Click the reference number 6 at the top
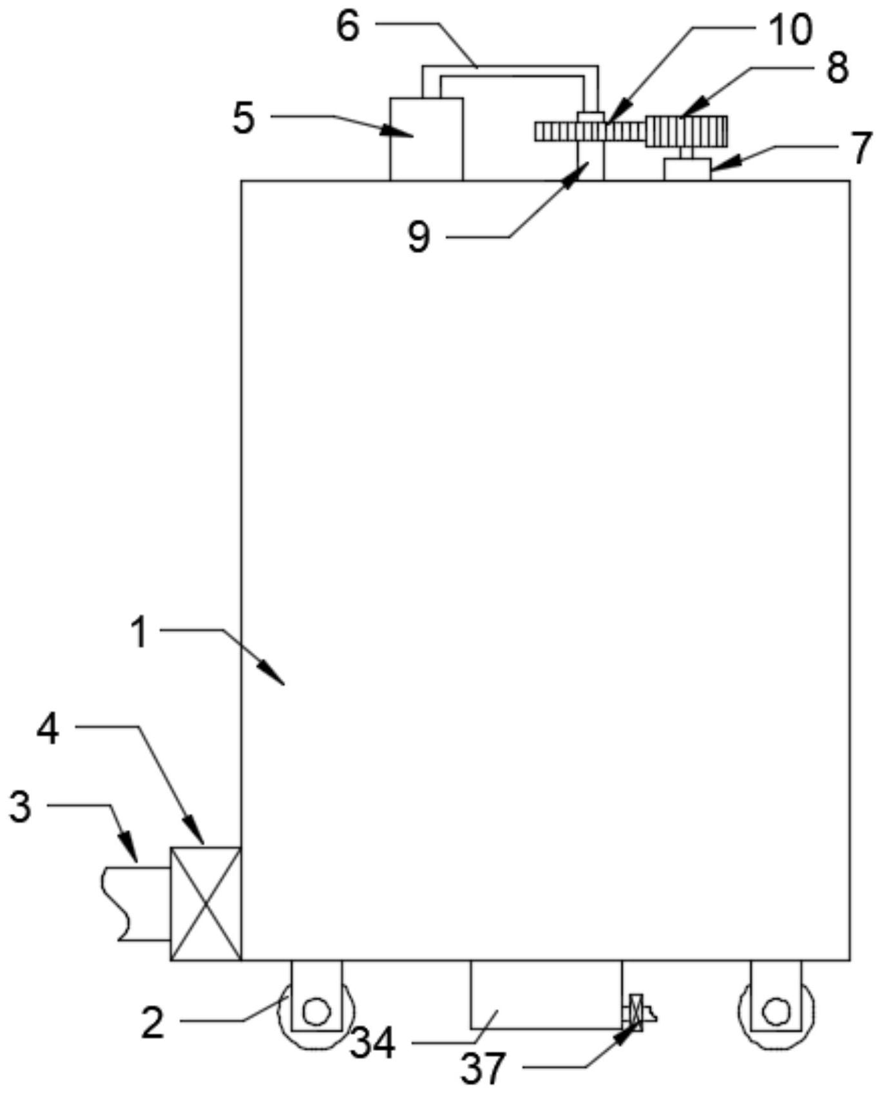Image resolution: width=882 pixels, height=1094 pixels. tap(348, 28)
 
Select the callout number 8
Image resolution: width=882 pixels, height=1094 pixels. tap(837, 68)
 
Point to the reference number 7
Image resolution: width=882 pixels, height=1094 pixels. tap(861, 148)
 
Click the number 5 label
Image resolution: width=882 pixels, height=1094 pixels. tap(244, 118)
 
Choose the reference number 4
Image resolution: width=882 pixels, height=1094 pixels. tap(48, 731)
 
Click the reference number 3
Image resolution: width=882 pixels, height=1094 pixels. tap(20, 806)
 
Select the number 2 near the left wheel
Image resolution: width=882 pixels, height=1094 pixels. tap(153, 1022)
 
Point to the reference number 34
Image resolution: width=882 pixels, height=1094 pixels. tap(372, 1043)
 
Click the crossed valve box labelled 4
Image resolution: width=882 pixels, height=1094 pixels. tap(206, 903)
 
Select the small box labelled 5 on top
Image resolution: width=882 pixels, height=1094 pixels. tap(426, 139)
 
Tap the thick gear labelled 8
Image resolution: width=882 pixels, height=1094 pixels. tap(687, 131)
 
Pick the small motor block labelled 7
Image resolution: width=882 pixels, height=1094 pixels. tap(687, 169)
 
